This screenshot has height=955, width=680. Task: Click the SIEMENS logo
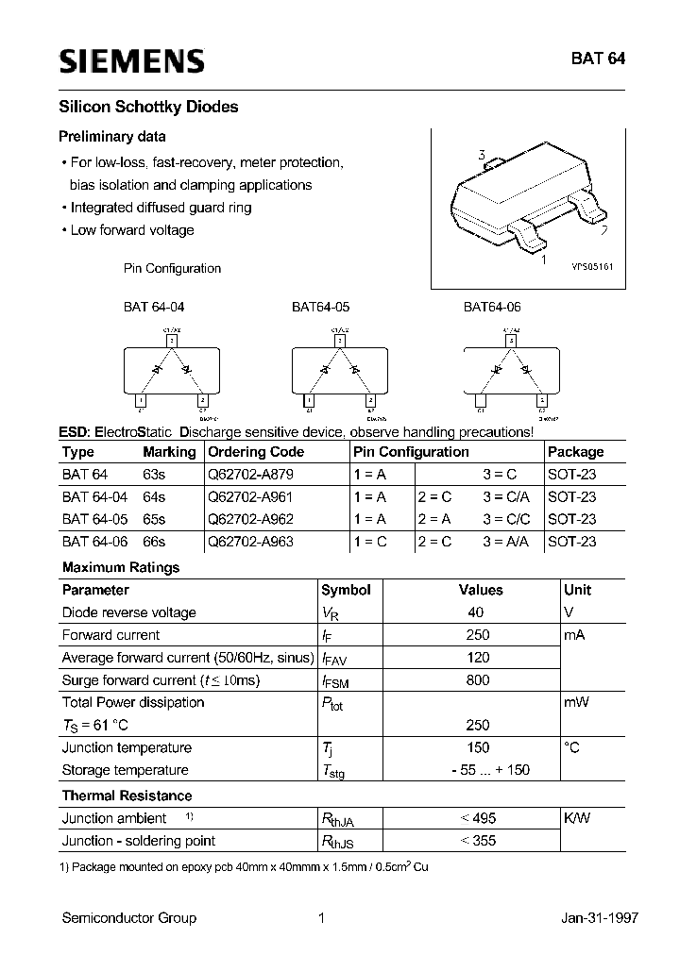131,61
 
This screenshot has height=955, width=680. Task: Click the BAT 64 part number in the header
596,58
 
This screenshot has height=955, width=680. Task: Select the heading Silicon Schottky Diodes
149,108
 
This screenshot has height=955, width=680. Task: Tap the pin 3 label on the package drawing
482,156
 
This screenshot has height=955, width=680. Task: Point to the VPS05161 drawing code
592,268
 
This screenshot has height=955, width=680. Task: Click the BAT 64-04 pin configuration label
161,307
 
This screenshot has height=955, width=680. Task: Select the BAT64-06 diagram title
491,307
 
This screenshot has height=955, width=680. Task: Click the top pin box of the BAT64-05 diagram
340,341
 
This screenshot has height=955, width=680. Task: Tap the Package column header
575,452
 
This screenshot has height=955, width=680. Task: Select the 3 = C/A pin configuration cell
506,496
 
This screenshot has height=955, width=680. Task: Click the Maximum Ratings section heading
120,567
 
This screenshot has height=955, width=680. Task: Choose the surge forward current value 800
479,680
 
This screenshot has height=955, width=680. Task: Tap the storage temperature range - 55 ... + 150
478,770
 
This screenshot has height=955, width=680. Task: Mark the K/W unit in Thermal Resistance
576,818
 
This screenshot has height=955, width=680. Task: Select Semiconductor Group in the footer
129,918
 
